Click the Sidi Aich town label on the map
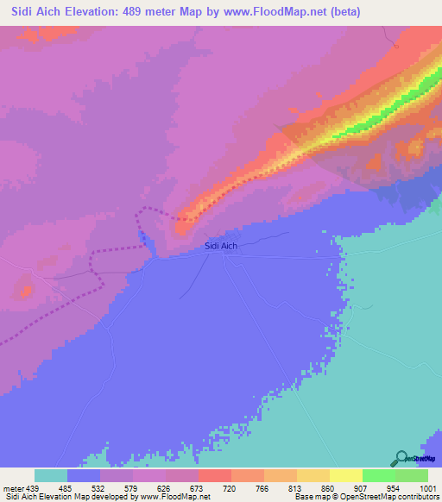point(221,246)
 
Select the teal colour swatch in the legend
point(51,475)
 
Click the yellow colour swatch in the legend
point(346,475)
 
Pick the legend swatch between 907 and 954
point(379,475)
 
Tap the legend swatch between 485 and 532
point(84,475)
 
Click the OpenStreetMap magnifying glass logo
point(401,459)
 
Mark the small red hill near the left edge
point(24,291)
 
